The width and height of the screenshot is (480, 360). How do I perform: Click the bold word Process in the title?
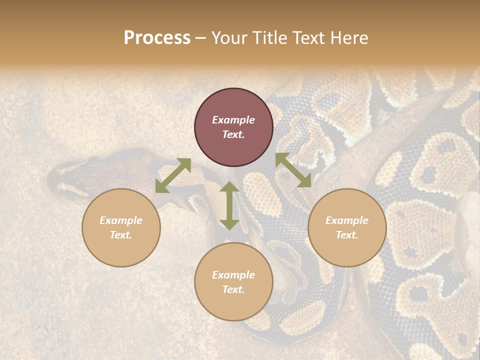(157, 38)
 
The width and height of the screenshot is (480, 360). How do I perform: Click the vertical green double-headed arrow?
(229, 205)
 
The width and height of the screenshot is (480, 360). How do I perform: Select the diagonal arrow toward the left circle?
(173, 175)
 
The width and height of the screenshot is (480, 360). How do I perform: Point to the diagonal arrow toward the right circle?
(293, 170)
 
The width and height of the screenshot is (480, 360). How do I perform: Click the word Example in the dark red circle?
(233, 120)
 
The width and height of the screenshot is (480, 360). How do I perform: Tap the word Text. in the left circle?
(121, 235)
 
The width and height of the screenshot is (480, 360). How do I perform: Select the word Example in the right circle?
(347, 220)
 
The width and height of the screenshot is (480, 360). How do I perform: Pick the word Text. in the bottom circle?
(233, 289)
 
